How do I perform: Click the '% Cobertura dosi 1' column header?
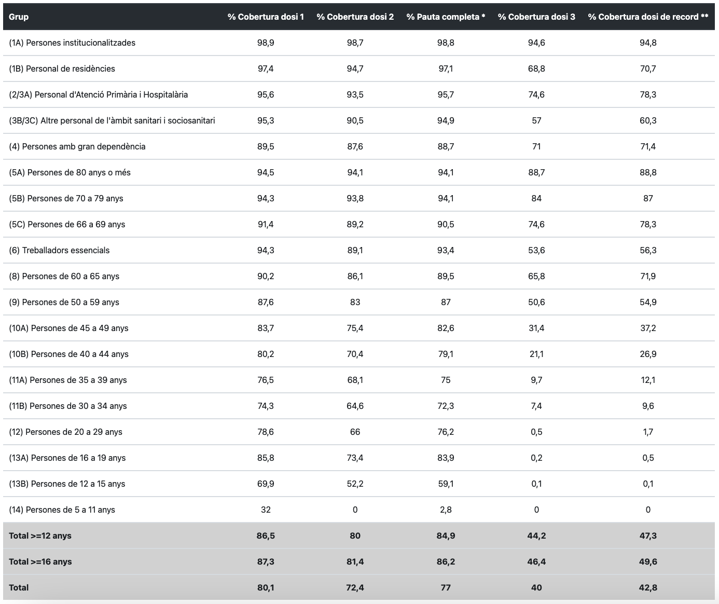266,17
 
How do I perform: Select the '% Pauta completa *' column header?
446,17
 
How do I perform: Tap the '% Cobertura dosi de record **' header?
648,17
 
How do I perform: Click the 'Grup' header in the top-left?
19,17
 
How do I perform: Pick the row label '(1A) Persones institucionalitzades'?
72,43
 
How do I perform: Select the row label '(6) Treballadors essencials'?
59,250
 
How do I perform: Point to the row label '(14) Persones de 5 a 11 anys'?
62,510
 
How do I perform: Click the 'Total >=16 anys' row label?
40,561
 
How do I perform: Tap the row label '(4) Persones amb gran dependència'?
77,146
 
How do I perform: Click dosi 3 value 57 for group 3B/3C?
536,120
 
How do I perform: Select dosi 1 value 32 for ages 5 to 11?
266,510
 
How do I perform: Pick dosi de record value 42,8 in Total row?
648,587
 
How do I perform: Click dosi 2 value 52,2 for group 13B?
355,484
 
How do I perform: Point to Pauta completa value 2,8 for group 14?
446,510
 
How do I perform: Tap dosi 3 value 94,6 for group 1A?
536,43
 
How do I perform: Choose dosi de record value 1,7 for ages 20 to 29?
648,432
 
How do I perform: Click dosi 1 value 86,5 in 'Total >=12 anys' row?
266,536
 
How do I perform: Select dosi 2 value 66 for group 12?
355,432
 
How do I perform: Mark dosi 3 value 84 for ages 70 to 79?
536,198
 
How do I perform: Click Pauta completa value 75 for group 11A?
446,380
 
